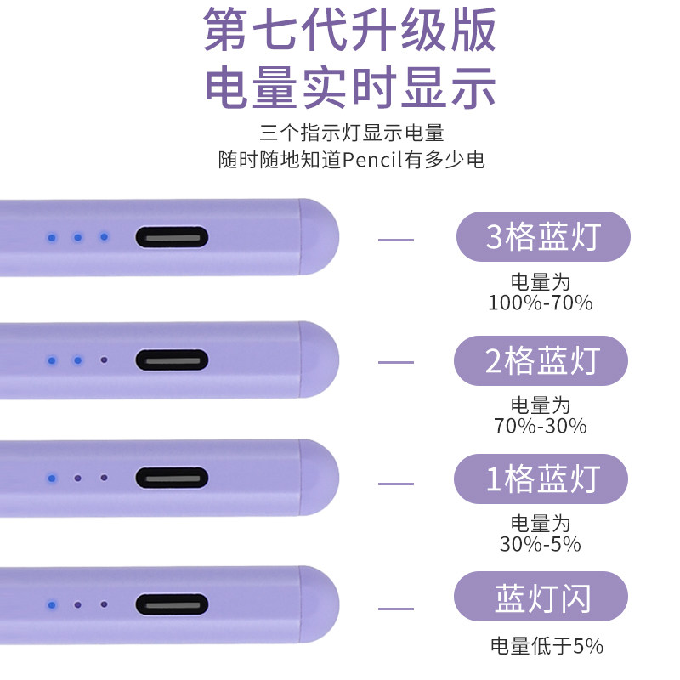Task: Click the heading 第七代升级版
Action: [x=349, y=31]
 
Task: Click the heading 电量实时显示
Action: [x=349, y=86]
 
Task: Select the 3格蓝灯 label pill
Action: [x=543, y=237]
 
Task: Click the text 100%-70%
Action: [x=541, y=303]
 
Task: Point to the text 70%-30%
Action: [x=541, y=426]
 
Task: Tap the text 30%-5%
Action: [x=541, y=544]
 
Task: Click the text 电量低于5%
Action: [x=547, y=646]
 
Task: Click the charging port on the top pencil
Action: [x=172, y=237]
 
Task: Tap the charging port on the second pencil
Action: [x=172, y=360]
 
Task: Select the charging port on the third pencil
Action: [x=172, y=479]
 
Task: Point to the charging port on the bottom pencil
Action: [x=172, y=604]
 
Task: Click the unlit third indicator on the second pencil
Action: [x=104, y=360]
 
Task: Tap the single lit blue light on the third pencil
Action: [x=52, y=479]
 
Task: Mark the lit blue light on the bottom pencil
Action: [x=52, y=604]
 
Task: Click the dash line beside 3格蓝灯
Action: [x=395, y=240]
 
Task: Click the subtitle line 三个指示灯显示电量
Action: [x=352, y=133]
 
